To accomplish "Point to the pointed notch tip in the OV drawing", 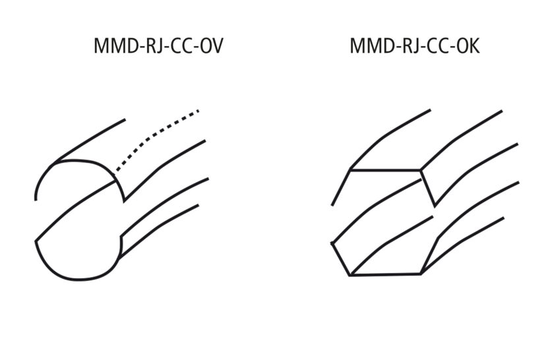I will click(125, 199).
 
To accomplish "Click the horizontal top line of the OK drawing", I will click(386, 170).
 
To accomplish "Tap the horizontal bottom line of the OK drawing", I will click(386, 274).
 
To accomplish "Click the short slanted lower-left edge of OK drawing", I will click(340, 258).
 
